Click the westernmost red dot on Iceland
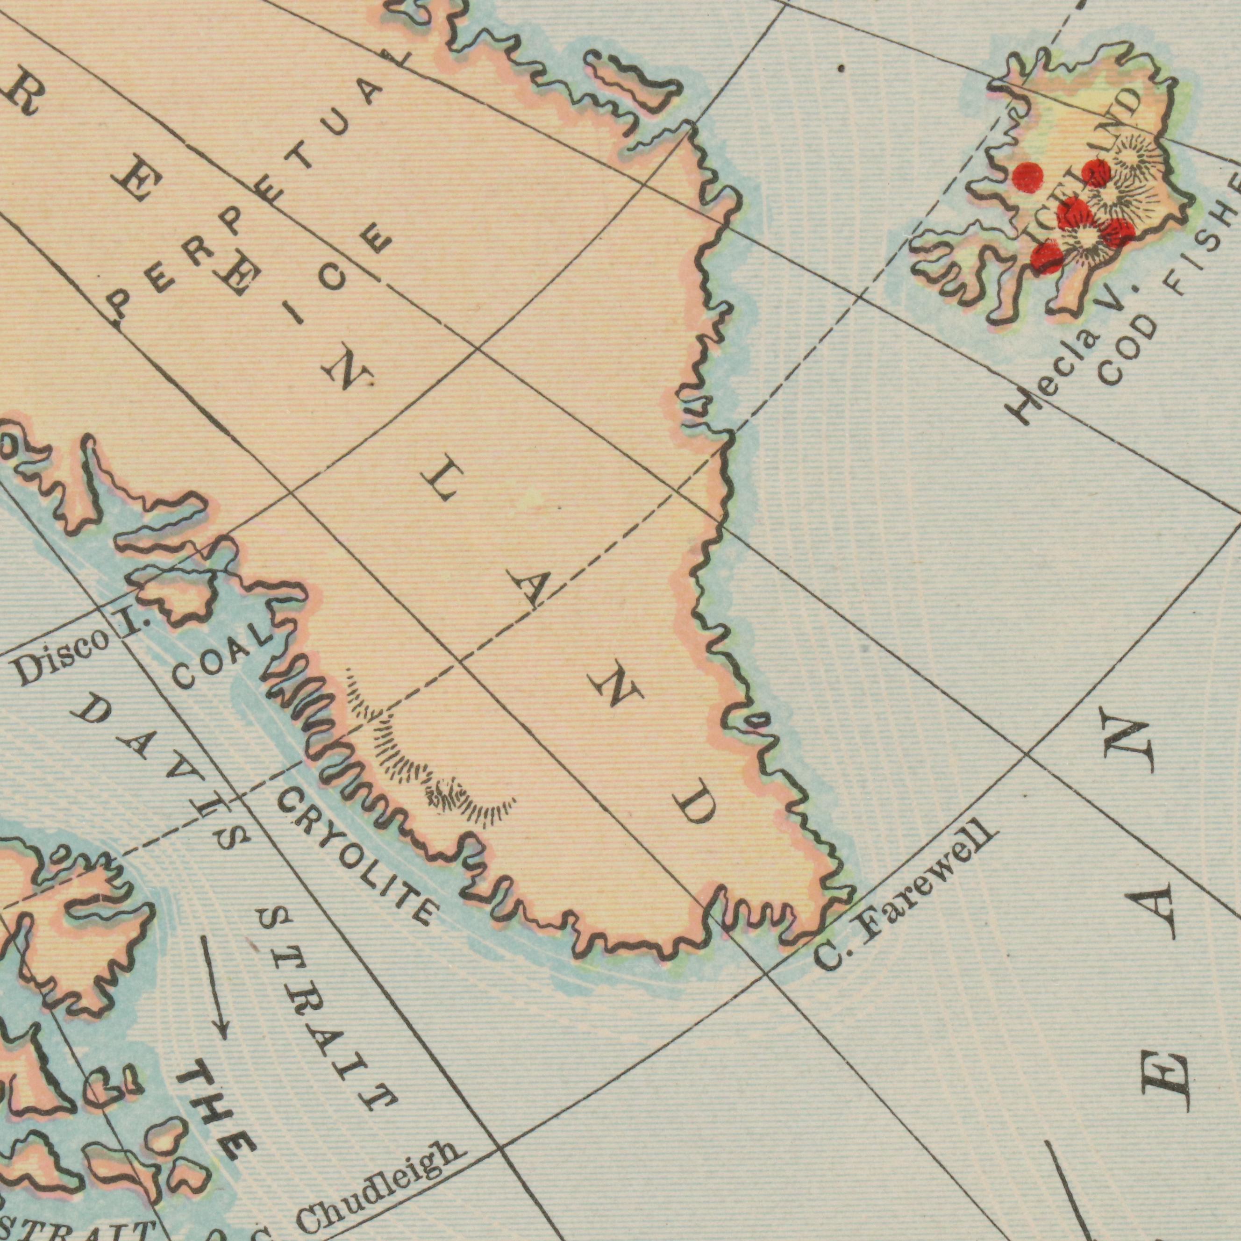pyautogui.click(x=1028, y=177)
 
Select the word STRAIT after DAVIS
pyautogui.click(x=328, y=1008)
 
